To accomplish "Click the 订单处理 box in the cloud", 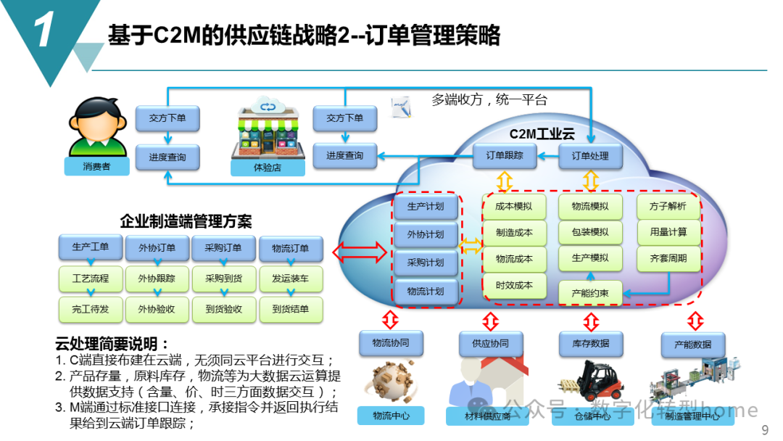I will click(590, 155).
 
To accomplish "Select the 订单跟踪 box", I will click(504, 155).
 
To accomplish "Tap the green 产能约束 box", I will click(590, 292).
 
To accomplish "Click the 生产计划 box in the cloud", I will click(426, 207).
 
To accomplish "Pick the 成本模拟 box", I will click(514, 207).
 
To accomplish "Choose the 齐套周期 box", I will click(668, 258).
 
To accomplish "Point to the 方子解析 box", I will click(668, 207).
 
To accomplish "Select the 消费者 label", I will click(96, 167).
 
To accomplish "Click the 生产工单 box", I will click(91, 247).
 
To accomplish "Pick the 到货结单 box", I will click(291, 310).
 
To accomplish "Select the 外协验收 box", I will click(157, 310).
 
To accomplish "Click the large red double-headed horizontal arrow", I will click(360, 252).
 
